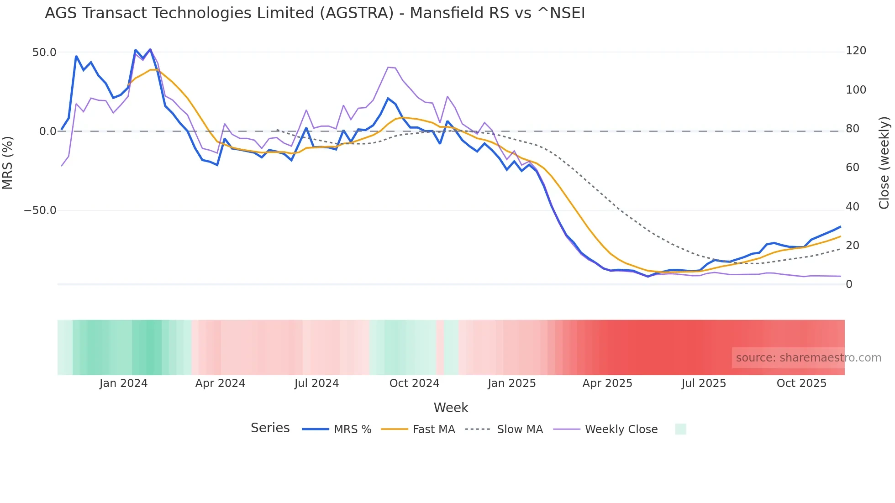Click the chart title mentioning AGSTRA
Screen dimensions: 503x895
(315, 13)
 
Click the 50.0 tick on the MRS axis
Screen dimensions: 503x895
(44, 52)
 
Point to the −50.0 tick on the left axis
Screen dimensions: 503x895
(40, 210)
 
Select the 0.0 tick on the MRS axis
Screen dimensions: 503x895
(47, 131)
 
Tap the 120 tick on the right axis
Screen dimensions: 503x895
(856, 51)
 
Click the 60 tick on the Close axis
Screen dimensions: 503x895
(852, 168)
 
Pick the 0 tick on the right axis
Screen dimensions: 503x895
(849, 284)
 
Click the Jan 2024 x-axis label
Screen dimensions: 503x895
(123, 383)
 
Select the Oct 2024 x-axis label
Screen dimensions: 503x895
(414, 383)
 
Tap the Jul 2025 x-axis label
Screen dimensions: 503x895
(704, 383)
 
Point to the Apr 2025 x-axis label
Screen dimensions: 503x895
(607, 383)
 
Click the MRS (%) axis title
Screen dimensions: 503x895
(8, 163)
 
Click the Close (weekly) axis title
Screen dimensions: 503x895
(884, 163)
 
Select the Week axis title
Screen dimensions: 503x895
(451, 408)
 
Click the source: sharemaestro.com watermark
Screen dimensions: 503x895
(808, 358)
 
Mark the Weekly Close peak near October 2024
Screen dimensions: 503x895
(389, 68)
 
